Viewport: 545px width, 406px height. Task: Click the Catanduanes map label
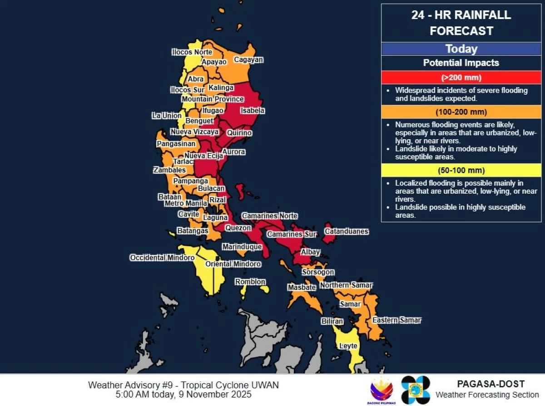[x=346, y=232]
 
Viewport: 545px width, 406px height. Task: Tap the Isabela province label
[x=253, y=111]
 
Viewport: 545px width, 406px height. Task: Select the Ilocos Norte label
[x=192, y=52]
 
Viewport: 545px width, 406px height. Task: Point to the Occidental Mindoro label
[x=162, y=258]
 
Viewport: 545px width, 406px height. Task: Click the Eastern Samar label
[x=396, y=320]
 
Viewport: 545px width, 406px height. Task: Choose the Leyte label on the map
[x=348, y=346]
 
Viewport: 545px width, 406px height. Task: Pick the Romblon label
[x=250, y=282]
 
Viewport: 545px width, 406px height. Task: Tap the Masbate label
[x=302, y=287]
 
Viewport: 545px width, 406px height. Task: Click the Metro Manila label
[x=186, y=203]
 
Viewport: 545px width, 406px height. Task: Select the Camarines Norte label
[x=269, y=216]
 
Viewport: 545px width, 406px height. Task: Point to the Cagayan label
[x=248, y=60]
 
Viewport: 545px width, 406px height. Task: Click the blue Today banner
[x=461, y=49]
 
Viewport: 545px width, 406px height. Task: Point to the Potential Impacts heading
[x=461, y=63]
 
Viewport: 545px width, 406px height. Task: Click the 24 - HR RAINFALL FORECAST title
[x=461, y=23]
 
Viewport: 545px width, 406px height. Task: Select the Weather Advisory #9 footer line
[x=183, y=385]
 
